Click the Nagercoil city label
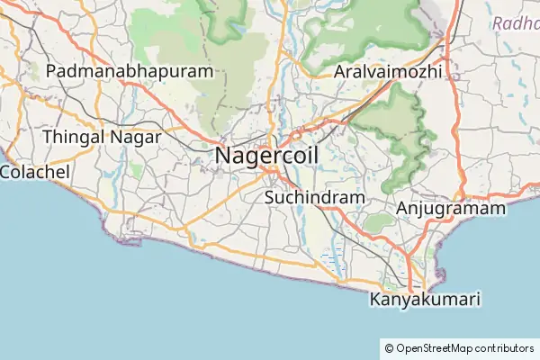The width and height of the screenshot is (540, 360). click(266, 157)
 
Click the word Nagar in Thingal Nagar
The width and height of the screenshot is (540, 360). click(134, 137)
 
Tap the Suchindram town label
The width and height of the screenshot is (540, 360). click(315, 197)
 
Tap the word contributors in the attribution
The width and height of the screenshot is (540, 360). click(504, 347)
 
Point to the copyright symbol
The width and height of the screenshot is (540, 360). click(389, 347)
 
